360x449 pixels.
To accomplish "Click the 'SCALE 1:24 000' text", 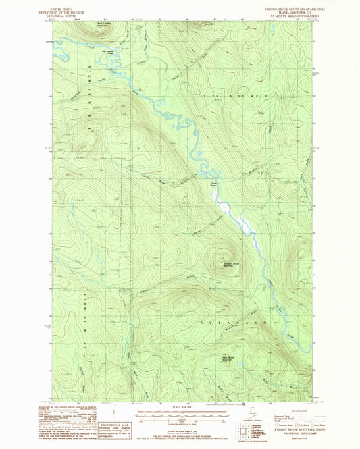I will tap(182, 406).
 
